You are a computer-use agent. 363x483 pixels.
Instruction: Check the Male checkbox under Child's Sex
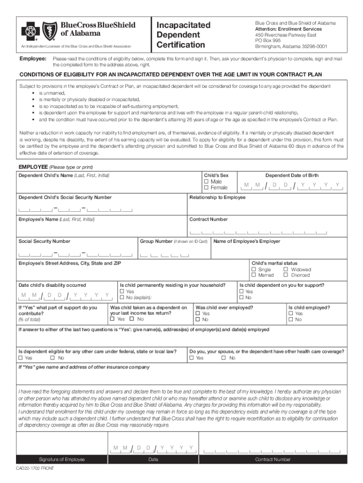pyautogui.click(x=206, y=182)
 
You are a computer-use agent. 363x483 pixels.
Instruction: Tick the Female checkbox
pyautogui.click(x=206, y=188)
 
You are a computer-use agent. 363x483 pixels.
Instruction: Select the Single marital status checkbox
pyautogui.click(x=254, y=269)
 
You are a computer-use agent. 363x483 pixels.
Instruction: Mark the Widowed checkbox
pyautogui.click(x=286, y=269)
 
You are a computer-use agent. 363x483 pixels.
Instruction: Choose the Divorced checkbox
pyautogui.click(x=286, y=275)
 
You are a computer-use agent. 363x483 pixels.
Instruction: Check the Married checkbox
pyautogui.click(x=254, y=275)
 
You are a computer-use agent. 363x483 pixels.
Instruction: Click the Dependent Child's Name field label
pyautogui.click(x=64, y=175)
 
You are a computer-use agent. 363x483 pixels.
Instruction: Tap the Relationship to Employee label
pyautogui.click(x=217, y=197)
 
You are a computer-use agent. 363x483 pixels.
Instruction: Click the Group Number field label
pyautogui.click(x=156, y=241)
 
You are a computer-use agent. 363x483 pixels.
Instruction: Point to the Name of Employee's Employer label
pyautogui.click(x=247, y=241)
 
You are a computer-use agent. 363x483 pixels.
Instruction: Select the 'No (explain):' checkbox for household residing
pyautogui.click(x=123, y=298)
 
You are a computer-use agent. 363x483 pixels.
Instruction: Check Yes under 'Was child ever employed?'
pyautogui.click(x=198, y=314)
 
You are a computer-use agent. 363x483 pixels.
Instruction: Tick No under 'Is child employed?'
pyautogui.click(x=291, y=320)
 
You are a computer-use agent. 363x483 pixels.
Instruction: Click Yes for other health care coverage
pyautogui.click(x=192, y=358)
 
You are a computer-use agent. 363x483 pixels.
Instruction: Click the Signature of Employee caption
pyautogui.click(x=62, y=459)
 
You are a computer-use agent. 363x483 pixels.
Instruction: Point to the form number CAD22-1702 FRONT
pyautogui.click(x=35, y=468)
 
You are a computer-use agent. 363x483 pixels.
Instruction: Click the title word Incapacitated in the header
pyautogui.click(x=183, y=25)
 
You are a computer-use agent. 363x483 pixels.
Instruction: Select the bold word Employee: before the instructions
pyautogui.click(x=32, y=58)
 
